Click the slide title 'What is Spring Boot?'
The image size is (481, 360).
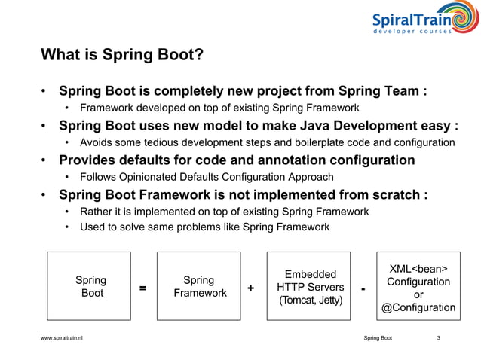(x=121, y=55)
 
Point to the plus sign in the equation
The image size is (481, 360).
(x=250, y=288)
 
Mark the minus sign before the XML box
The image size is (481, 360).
(x=364, y=288)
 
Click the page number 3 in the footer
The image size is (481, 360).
(x=439, y=338)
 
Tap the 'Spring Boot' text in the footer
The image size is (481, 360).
(x=377, y=338)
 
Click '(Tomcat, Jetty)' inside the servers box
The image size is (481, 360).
(x=309, y=301)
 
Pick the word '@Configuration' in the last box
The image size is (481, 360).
(x=418, y=307)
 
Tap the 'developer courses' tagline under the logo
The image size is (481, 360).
(x=412, y=31)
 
